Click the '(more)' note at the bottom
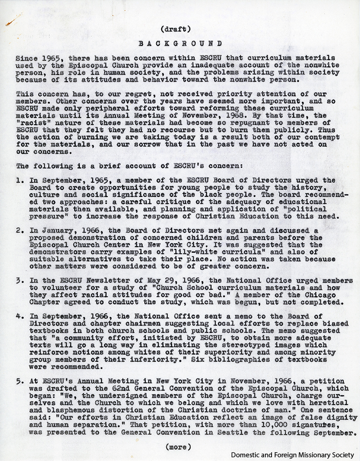pyautogui.click(x=177, y=446)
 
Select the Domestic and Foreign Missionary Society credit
pyautogui.click(x=293, y=455)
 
